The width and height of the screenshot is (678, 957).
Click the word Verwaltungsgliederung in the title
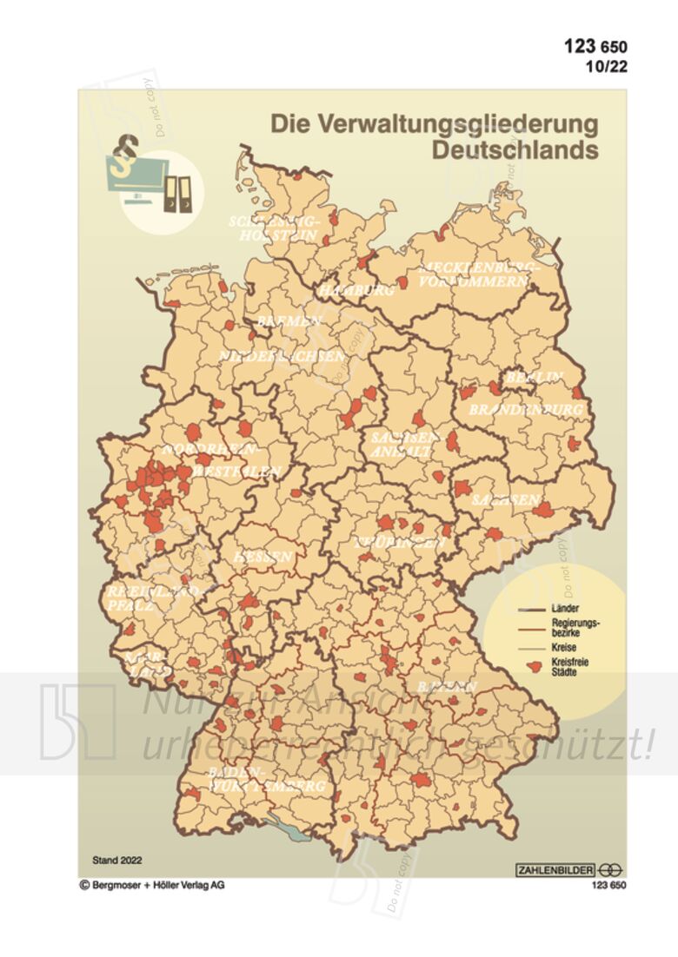[434, 123]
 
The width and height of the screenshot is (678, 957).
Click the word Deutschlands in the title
[515, 149]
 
